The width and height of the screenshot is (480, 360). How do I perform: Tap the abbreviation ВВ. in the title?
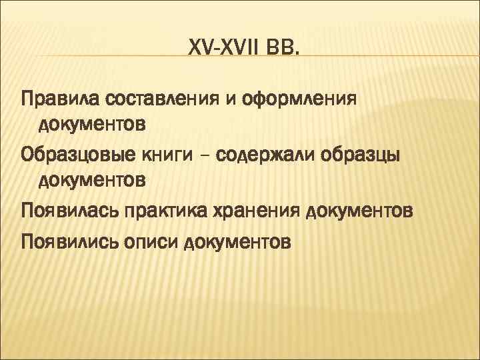click(283, 47)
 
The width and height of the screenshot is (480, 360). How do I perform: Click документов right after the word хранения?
click(361, 212)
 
